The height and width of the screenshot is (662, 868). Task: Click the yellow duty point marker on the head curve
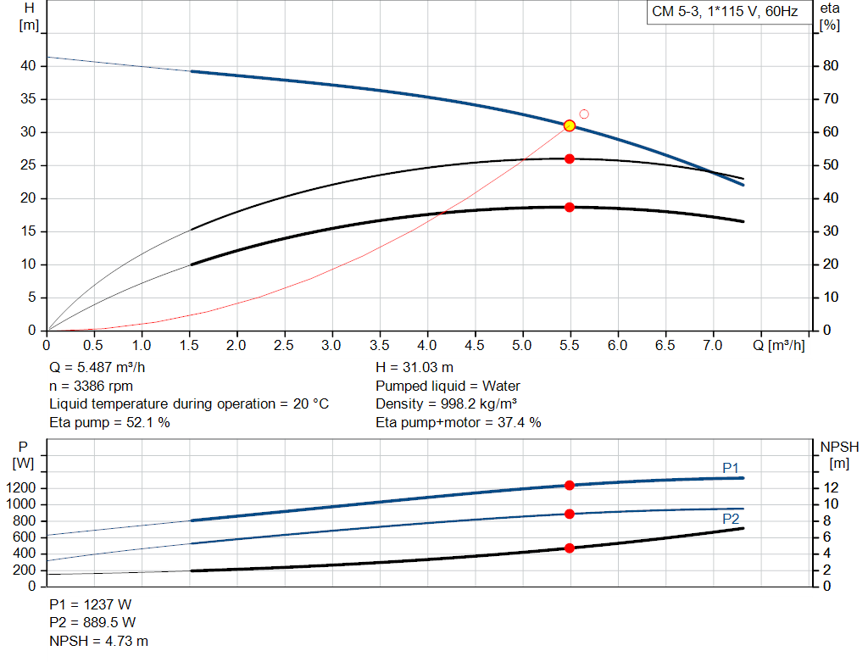click(570, 125)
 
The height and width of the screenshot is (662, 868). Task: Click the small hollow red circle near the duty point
click(584, 114)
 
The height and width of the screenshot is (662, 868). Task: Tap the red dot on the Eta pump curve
click(570, 159)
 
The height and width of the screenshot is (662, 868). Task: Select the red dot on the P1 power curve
click(570, 485)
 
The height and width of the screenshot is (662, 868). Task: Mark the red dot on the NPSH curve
click(570, 548)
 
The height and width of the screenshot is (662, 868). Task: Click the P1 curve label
click(731, 467)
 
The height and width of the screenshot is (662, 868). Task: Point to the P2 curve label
click(731, 519)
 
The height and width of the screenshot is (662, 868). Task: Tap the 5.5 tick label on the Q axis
click(570, 345)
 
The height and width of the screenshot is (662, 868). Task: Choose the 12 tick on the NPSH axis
click(832, 488)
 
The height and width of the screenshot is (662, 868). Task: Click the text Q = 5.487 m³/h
click(104, 368)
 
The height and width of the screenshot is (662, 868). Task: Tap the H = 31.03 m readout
click(415, 368)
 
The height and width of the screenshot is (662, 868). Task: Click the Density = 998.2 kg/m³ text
click(447, 403)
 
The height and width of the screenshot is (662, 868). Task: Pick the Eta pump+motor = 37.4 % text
click(459, 422)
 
